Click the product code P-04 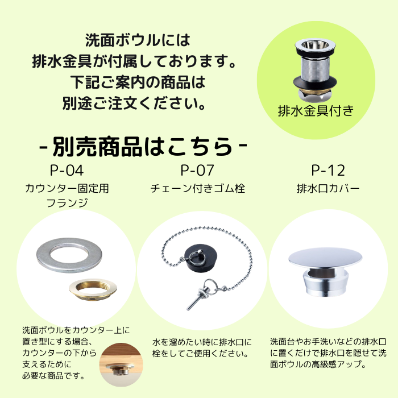(67, 170)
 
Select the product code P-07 (197, 170)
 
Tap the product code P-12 (328, 170)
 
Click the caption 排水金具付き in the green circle (316, 111)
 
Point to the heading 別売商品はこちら (143, 147)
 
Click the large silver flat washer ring (69, 255)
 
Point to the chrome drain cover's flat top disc (325, 258)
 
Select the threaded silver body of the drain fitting (315, 67)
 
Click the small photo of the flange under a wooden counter (121, 364)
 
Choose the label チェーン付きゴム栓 (197, 189)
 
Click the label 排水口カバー (328, 189)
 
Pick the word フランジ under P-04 (67, 202)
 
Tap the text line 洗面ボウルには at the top (138, 40)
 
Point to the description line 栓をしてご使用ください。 (200, 353)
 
